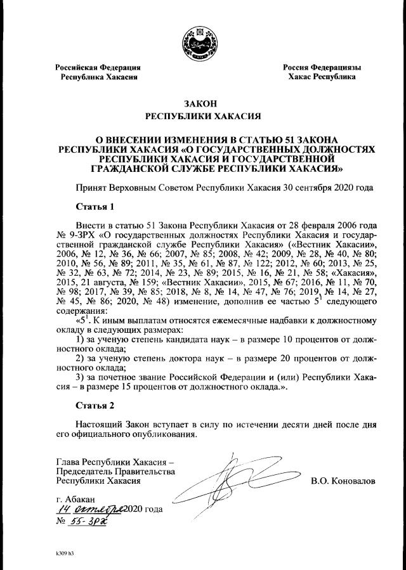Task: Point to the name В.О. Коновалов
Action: click(x=343, y=481)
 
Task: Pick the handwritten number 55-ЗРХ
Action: click(x=89, y=522)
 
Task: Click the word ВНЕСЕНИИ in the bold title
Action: click(x=139, y=138)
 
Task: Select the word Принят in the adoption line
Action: click(x=91, y=188)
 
